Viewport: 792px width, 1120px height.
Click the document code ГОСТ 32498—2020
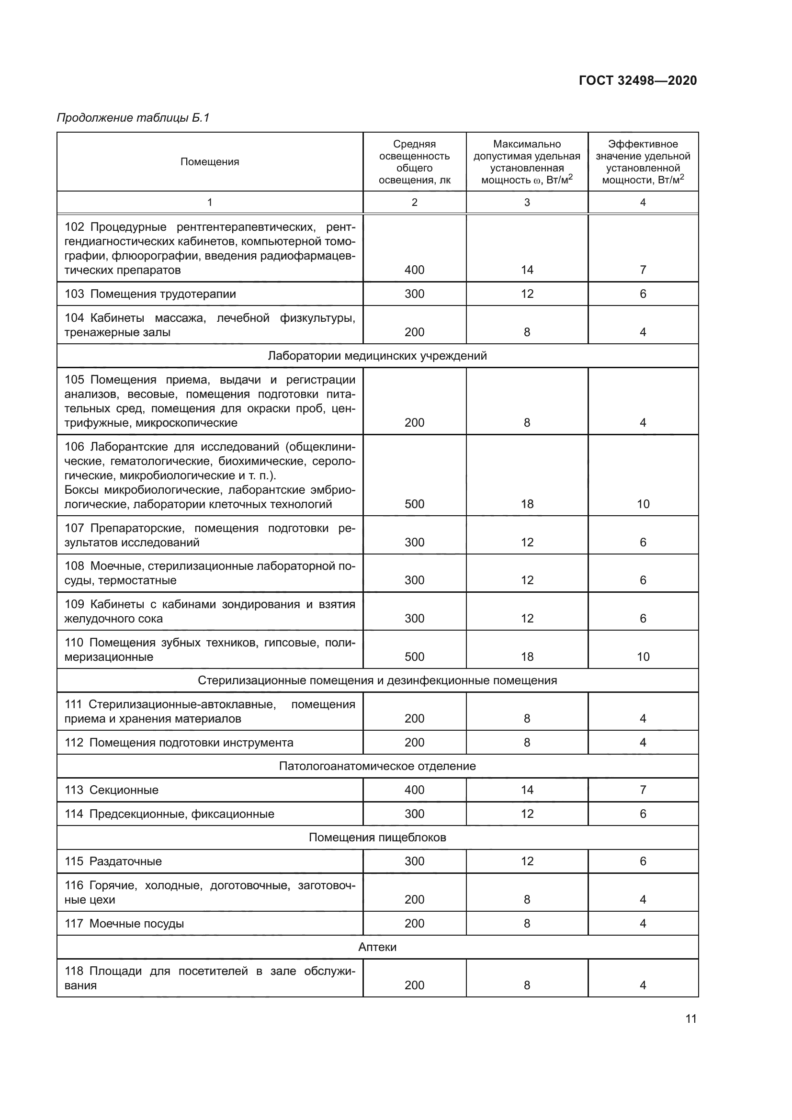637,80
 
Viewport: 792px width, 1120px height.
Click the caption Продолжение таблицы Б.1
133,118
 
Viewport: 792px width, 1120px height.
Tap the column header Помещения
210,162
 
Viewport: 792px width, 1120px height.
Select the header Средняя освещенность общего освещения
414,162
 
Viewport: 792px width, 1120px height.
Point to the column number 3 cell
527,203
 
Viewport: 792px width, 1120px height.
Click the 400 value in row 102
414,270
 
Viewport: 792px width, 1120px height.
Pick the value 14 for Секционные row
527,790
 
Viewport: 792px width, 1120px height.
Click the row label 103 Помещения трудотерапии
150,294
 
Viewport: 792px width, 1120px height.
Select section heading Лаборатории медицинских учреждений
377,356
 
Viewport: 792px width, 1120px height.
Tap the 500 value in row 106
414,504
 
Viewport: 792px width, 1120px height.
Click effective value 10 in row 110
643,656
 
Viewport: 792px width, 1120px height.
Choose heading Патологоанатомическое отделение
377,766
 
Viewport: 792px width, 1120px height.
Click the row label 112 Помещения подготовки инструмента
179,743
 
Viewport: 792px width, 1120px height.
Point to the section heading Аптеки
377,947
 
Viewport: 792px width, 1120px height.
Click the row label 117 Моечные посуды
124,923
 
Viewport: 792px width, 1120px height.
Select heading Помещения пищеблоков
377,837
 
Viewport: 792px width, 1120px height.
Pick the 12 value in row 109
527,619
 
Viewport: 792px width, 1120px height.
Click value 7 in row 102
643,270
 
